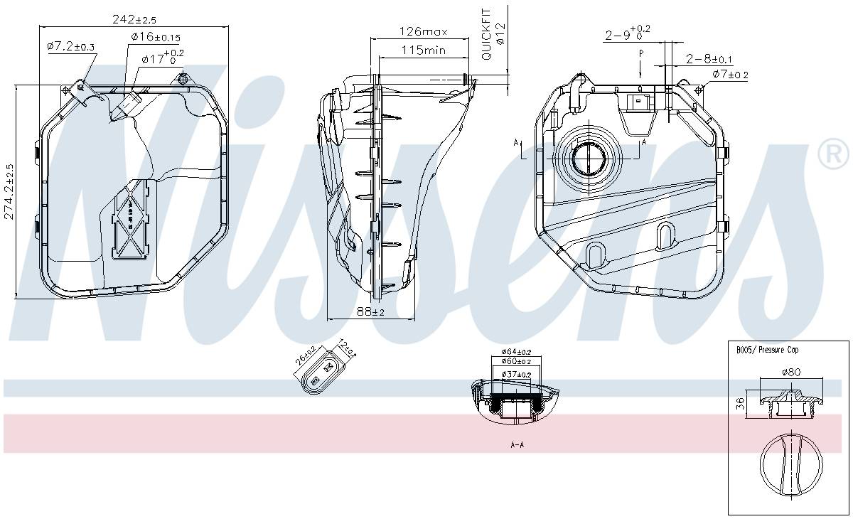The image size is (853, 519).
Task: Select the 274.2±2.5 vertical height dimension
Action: point(9,192)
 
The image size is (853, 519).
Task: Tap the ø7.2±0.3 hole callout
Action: point(71,46)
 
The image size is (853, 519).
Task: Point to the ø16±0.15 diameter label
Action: point(156,37)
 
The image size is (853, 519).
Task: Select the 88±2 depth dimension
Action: point(370,311)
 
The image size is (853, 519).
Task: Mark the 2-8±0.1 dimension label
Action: point(710,59)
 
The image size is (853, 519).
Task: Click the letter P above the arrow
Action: point(640,53)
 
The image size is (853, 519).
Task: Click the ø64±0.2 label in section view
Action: point(517,351)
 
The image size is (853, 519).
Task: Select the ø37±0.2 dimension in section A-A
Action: point(517,374)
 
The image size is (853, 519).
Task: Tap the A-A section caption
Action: point(517,445)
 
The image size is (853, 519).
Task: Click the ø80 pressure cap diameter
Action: point(791,372)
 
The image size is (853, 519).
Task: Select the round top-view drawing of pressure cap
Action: point(791,466)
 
